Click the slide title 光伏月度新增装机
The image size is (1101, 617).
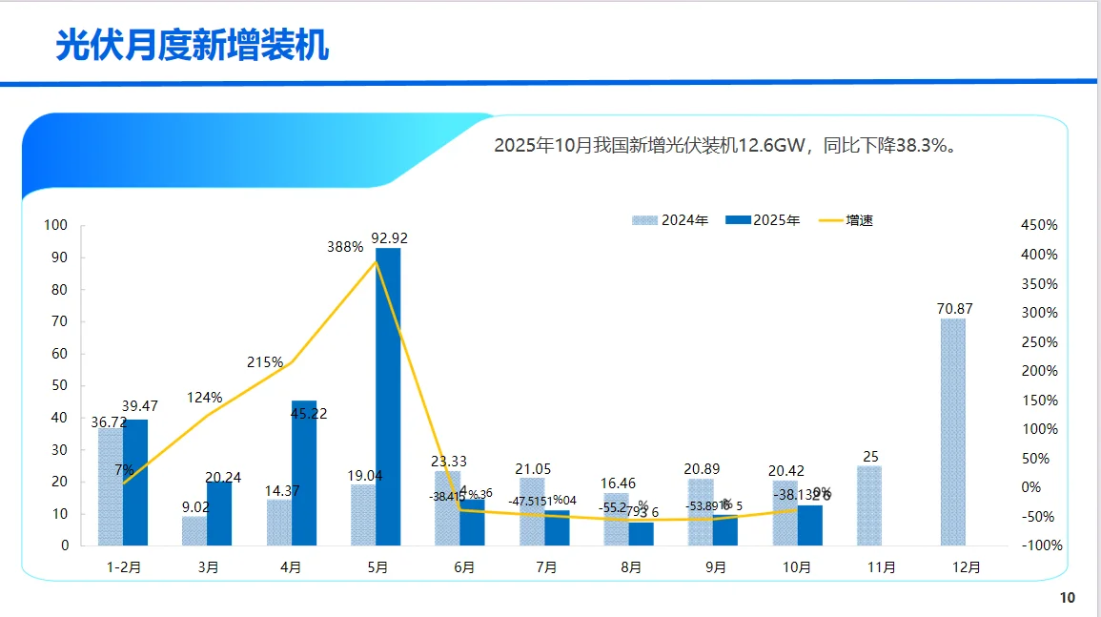[x=192, y=45]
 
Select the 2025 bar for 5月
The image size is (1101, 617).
[x=388, y=396]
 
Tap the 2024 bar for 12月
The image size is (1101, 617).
[x=952, y=432]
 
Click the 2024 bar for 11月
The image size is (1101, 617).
[x=868, y=505]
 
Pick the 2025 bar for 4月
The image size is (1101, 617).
[x=304, y=473]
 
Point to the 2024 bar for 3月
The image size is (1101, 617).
[x=194, y=531]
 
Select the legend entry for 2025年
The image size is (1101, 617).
[x=764, y=220]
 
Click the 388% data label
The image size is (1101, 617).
[x=344, y=247]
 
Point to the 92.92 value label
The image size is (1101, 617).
[x=390, y=237]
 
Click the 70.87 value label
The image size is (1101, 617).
[x=953, y=308]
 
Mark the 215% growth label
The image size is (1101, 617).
[x=265, y=362]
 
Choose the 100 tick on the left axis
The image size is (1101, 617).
[x=56, y=225]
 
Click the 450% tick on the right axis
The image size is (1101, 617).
[x=1038, y=225]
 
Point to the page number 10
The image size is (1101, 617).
[x=1067, y=598]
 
